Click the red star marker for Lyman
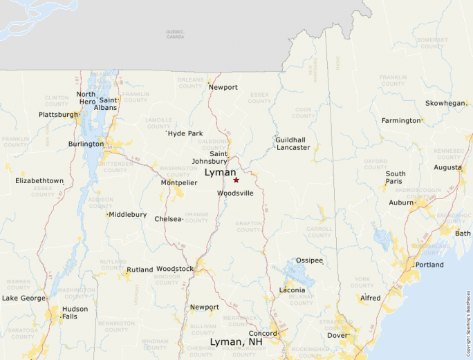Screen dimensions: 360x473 point(236,180)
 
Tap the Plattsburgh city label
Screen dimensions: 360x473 point(58,115)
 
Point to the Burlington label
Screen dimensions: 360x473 point(85,144)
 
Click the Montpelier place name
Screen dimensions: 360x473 point(179,182)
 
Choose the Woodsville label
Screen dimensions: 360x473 point(235,193)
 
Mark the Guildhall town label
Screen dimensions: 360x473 point(290,140)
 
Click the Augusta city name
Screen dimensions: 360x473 point(447,167)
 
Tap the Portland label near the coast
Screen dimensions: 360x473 point(429,265)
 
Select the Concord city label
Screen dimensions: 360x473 point(262,334)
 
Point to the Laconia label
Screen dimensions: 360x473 point(291,290)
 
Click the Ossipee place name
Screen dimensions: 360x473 point(309,260)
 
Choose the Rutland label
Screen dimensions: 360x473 point(140,269)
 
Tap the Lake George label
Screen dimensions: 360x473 point(24,299)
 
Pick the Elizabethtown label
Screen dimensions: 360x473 point(39,180)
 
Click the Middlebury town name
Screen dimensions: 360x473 point(127,214)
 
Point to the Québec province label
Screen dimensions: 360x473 point(176,32)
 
